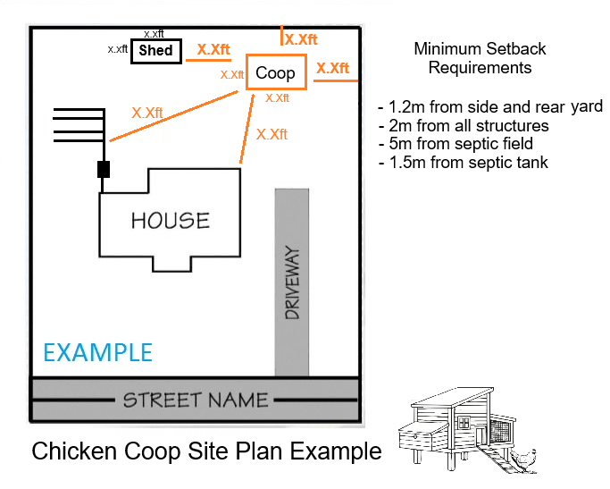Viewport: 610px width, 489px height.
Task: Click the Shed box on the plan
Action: [155, 51]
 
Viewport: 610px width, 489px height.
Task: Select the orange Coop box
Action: [276, 72]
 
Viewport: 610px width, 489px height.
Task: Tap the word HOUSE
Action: [171, 220]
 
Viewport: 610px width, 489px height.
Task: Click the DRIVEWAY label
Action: [292, 283]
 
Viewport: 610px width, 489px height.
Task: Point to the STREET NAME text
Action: [196, 400]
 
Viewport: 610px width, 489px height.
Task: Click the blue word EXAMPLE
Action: [98, 351]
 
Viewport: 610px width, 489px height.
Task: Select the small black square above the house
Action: [104, 169]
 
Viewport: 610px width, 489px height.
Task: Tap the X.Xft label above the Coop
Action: [301, 39]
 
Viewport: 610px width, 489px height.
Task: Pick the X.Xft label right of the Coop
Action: [333, 68]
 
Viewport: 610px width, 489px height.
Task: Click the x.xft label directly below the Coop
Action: [277, 97]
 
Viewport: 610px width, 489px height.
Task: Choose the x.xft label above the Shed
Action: [154, 33]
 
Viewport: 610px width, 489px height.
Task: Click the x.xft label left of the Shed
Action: [117, 49]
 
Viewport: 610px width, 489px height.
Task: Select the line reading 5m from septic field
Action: [455, 144]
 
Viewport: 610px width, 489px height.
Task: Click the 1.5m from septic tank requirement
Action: [463, 162]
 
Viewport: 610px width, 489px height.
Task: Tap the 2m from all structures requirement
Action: [464, 126]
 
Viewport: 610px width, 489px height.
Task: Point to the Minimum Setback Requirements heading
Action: [480, 57]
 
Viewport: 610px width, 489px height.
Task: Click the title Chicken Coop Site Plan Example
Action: [206, 451]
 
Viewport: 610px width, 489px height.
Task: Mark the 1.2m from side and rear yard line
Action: [490, 107]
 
